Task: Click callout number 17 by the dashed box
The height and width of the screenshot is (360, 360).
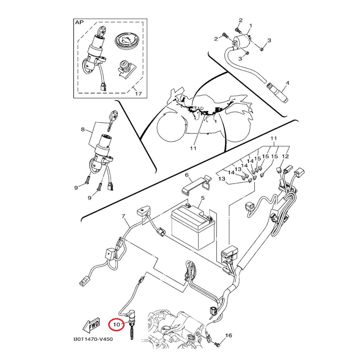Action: (138, 94)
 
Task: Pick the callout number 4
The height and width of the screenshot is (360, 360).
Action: (287, 83)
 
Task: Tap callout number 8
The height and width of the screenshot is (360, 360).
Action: (83, 129)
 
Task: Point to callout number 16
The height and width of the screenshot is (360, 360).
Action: (228, 336)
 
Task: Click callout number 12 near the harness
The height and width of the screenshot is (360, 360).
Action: (285, 156)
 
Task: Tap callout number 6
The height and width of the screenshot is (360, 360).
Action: (187, 175)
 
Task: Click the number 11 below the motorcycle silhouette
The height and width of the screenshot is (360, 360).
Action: (192, 148)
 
